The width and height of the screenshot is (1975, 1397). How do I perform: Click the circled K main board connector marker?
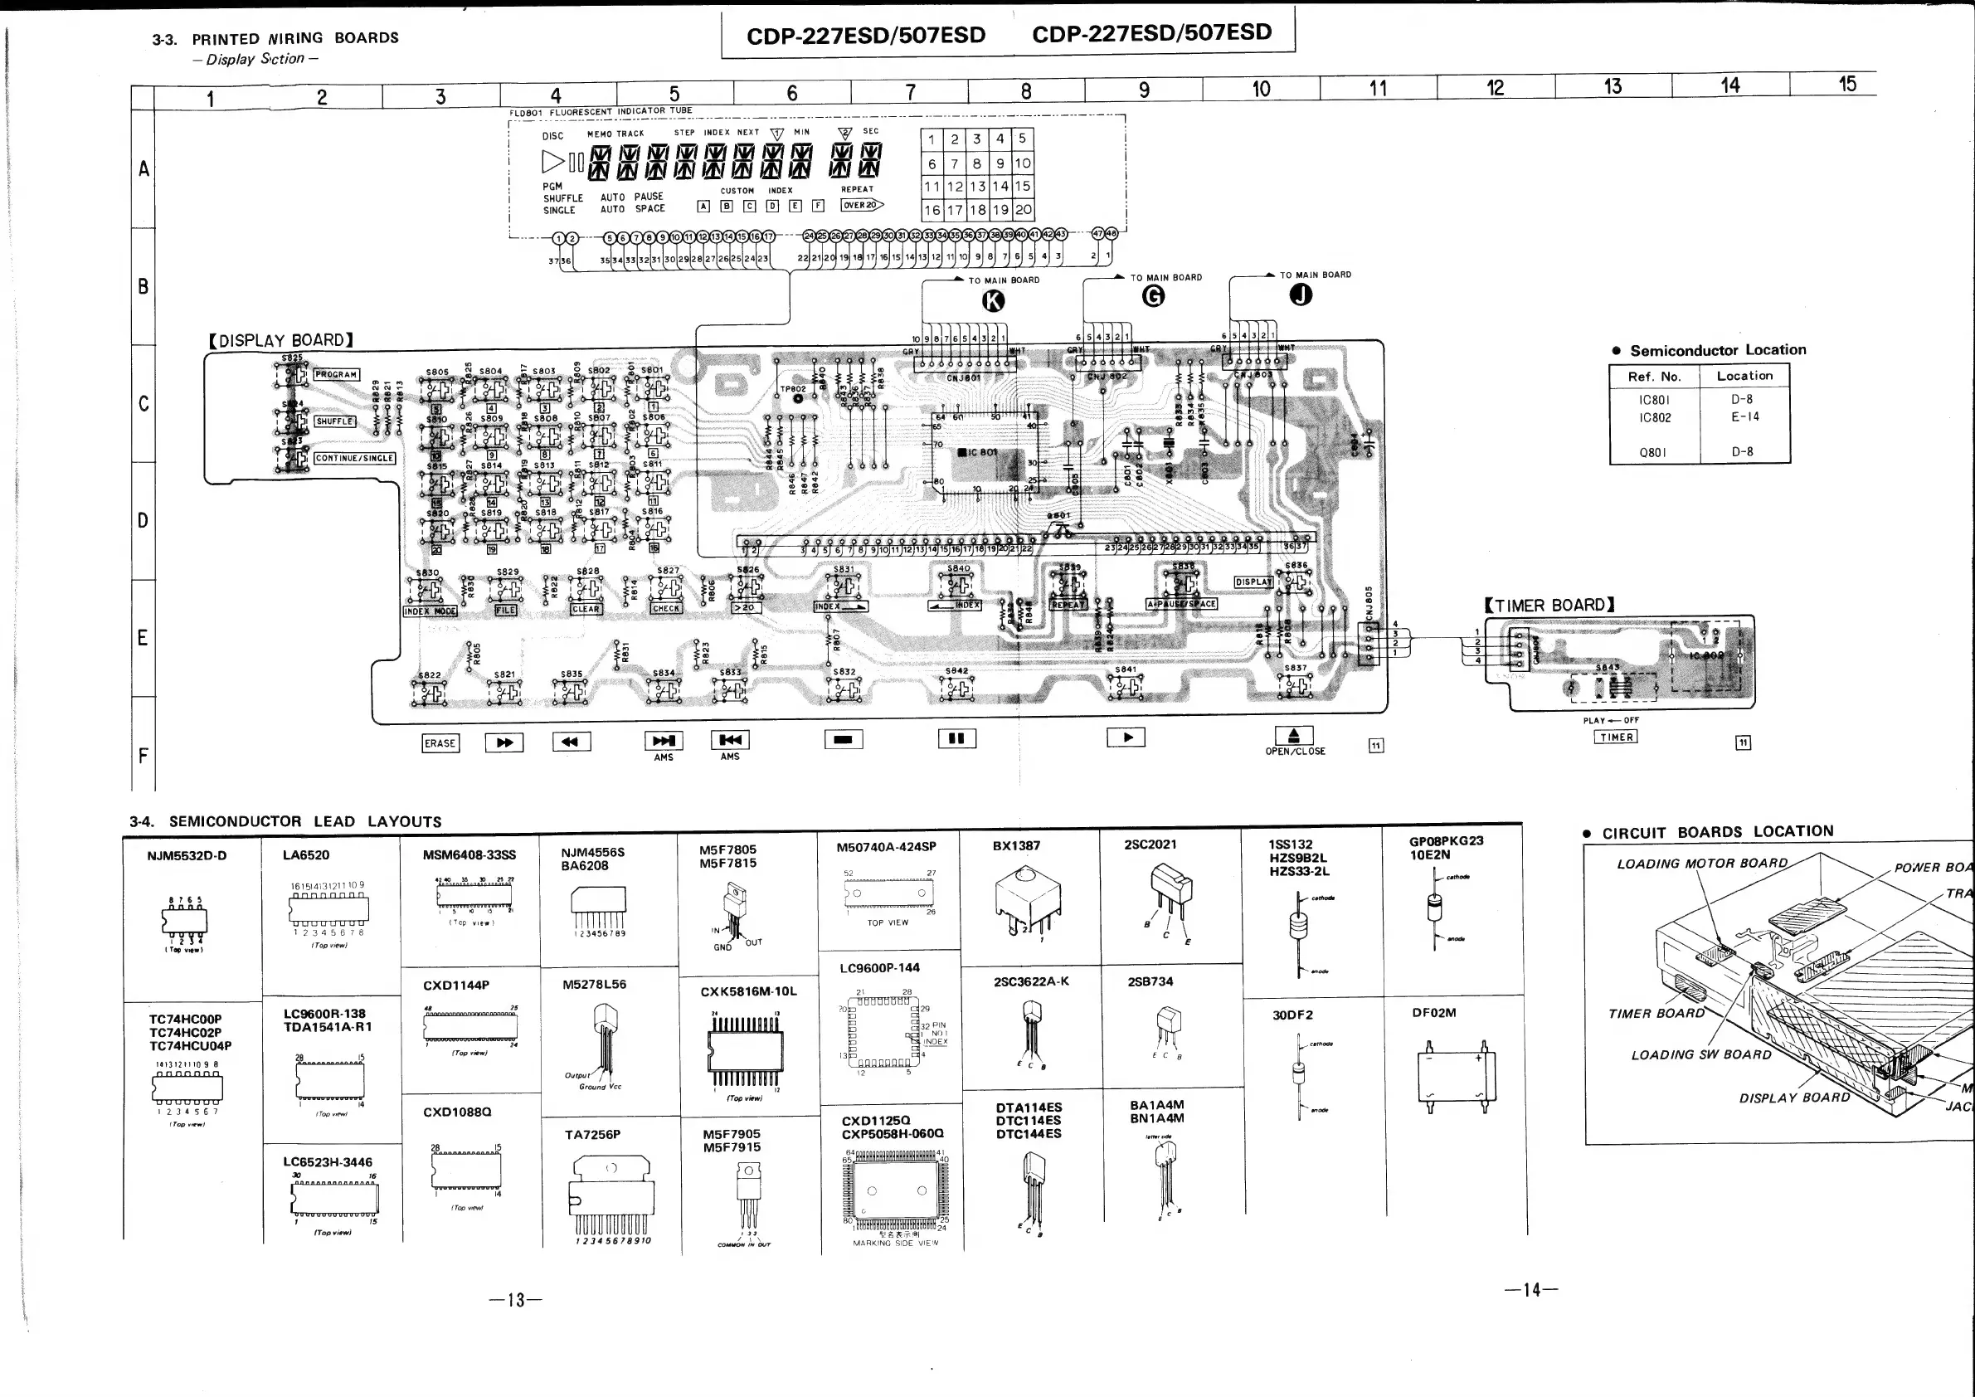coord(993,300)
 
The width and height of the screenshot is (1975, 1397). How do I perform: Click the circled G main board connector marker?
coord(1153,296)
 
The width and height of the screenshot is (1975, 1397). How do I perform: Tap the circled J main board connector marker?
coord(1301,295)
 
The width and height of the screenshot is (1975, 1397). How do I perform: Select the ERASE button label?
coord(440,743)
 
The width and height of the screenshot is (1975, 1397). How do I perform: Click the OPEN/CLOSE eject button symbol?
coord(1294,736)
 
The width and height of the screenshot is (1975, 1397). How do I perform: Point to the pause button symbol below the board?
coord(956,738)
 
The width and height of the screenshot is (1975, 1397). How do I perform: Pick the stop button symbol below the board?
coord(843,739)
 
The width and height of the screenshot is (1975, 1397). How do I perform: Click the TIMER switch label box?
coord(1617,737)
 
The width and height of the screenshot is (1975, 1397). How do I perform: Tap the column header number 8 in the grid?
coord(1026,92)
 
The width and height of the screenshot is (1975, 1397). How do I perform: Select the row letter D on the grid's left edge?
coord(143,520)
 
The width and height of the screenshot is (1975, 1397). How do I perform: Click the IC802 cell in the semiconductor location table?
coord(1654,418)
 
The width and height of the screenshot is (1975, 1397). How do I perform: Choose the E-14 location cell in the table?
coord(1744,417)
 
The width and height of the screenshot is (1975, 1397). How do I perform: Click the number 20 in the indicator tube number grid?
coord(1023,210)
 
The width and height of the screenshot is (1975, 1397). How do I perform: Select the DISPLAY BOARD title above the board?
coord(280,341)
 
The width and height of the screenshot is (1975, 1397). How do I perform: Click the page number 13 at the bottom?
coord(515,1300)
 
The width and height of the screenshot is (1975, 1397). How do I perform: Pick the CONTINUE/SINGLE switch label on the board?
coord(353,459)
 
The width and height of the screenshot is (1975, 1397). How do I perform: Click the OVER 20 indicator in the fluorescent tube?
coord(861,205)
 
